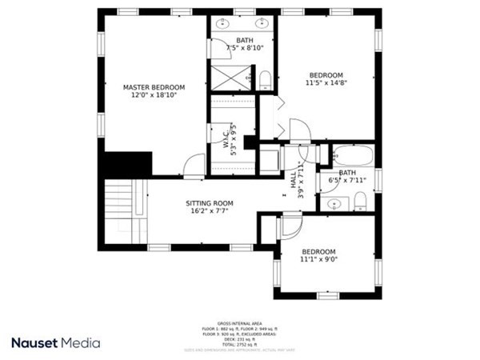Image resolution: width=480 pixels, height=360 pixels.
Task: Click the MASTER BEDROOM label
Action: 154,87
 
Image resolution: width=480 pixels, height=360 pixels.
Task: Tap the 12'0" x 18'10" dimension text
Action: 154,95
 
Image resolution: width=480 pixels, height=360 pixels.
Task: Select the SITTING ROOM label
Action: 210,203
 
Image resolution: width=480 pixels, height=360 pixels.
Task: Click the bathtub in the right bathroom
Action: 353,154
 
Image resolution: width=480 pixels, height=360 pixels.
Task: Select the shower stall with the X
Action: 230,77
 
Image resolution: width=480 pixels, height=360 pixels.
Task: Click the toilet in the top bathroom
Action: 265,78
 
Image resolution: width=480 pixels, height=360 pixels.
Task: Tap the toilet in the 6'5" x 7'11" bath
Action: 360,199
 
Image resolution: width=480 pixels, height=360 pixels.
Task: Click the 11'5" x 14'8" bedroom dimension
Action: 326,82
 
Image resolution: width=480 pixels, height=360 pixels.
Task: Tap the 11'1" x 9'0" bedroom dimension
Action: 318,259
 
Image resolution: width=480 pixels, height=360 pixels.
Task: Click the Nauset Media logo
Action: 56,342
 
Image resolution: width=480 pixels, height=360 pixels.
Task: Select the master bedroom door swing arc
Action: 194,166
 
